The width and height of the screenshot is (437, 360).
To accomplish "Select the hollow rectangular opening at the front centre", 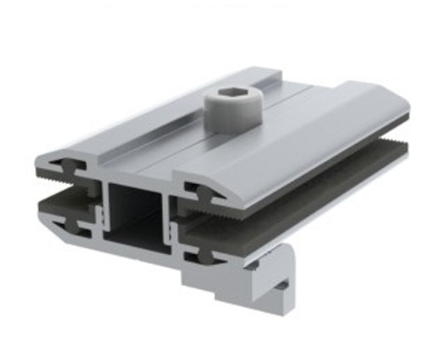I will pyautogui.click(x=136, y=216).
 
